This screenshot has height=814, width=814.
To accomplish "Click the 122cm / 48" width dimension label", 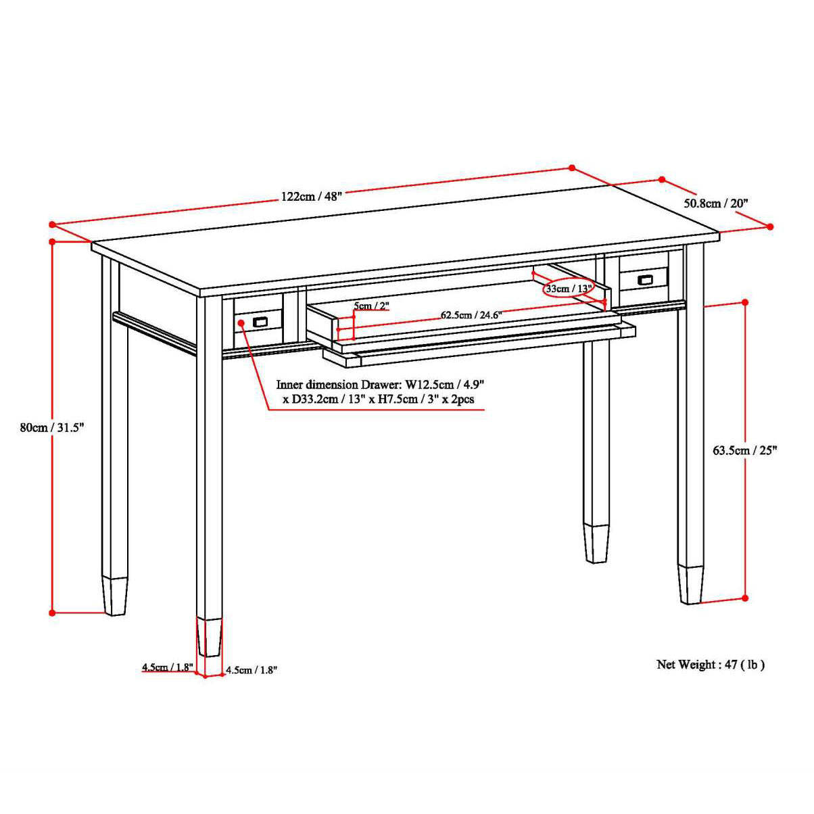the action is (x=311, y=196).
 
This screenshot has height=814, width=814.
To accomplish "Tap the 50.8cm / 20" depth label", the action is (x=715, y=203).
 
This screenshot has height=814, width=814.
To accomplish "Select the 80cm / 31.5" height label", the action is (x=52, y=427).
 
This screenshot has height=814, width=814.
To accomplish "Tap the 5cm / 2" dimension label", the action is (x=371, y=306).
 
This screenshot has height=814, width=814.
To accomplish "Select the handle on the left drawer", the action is (x=260, y=322).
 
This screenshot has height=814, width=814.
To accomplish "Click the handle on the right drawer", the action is (x=644, y=279).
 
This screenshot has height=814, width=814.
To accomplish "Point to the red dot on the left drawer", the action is (x=241, y=322).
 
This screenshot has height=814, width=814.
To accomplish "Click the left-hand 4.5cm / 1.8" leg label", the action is (x=168, y=667).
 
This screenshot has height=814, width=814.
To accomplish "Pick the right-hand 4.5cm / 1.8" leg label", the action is (x=252, y=670).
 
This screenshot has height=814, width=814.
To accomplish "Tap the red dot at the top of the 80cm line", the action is (x=52, y=241).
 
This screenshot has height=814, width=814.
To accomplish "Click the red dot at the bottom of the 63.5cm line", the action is (x=745, y=598).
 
